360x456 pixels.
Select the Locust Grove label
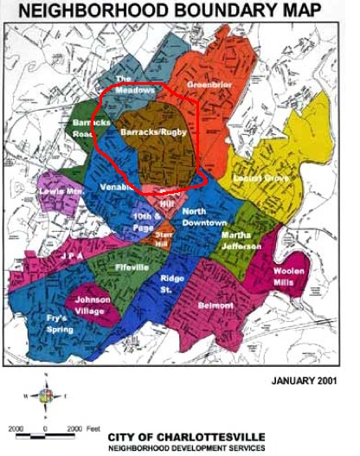tap(260, 177)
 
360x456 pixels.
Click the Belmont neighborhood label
tap(215, 305)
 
